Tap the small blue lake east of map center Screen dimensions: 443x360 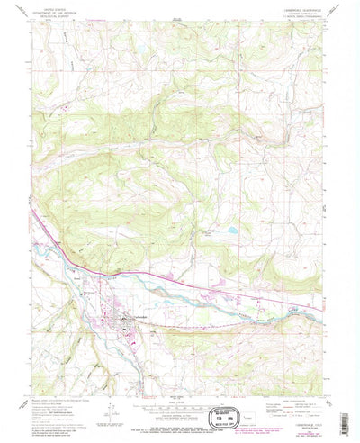pyautogui.click(x=231, y=231)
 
